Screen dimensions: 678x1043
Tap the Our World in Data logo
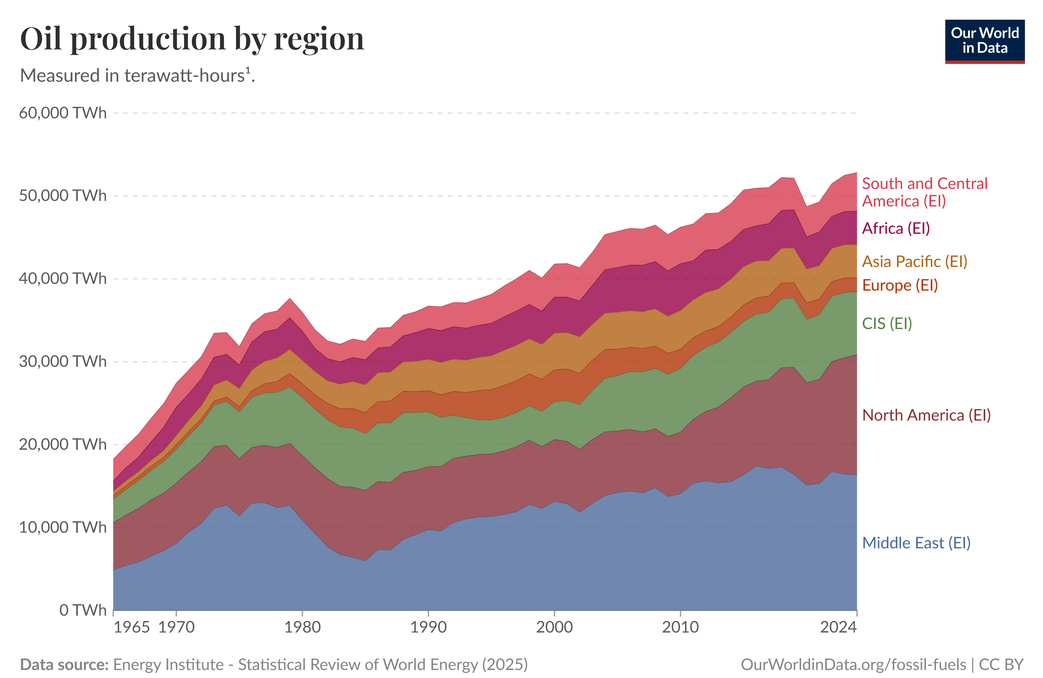point(984,41)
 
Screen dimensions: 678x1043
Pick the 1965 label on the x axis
point(132,627)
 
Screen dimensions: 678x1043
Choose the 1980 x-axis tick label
point(302,627)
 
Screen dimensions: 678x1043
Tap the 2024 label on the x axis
point(838,627)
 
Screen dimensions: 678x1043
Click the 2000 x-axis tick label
point(554,627)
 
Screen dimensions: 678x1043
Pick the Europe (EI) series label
point(900,285)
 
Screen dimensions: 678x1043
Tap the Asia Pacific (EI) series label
point(915,261)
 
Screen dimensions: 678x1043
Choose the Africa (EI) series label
point(896,228)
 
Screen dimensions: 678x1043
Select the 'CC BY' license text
point(1001,664)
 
